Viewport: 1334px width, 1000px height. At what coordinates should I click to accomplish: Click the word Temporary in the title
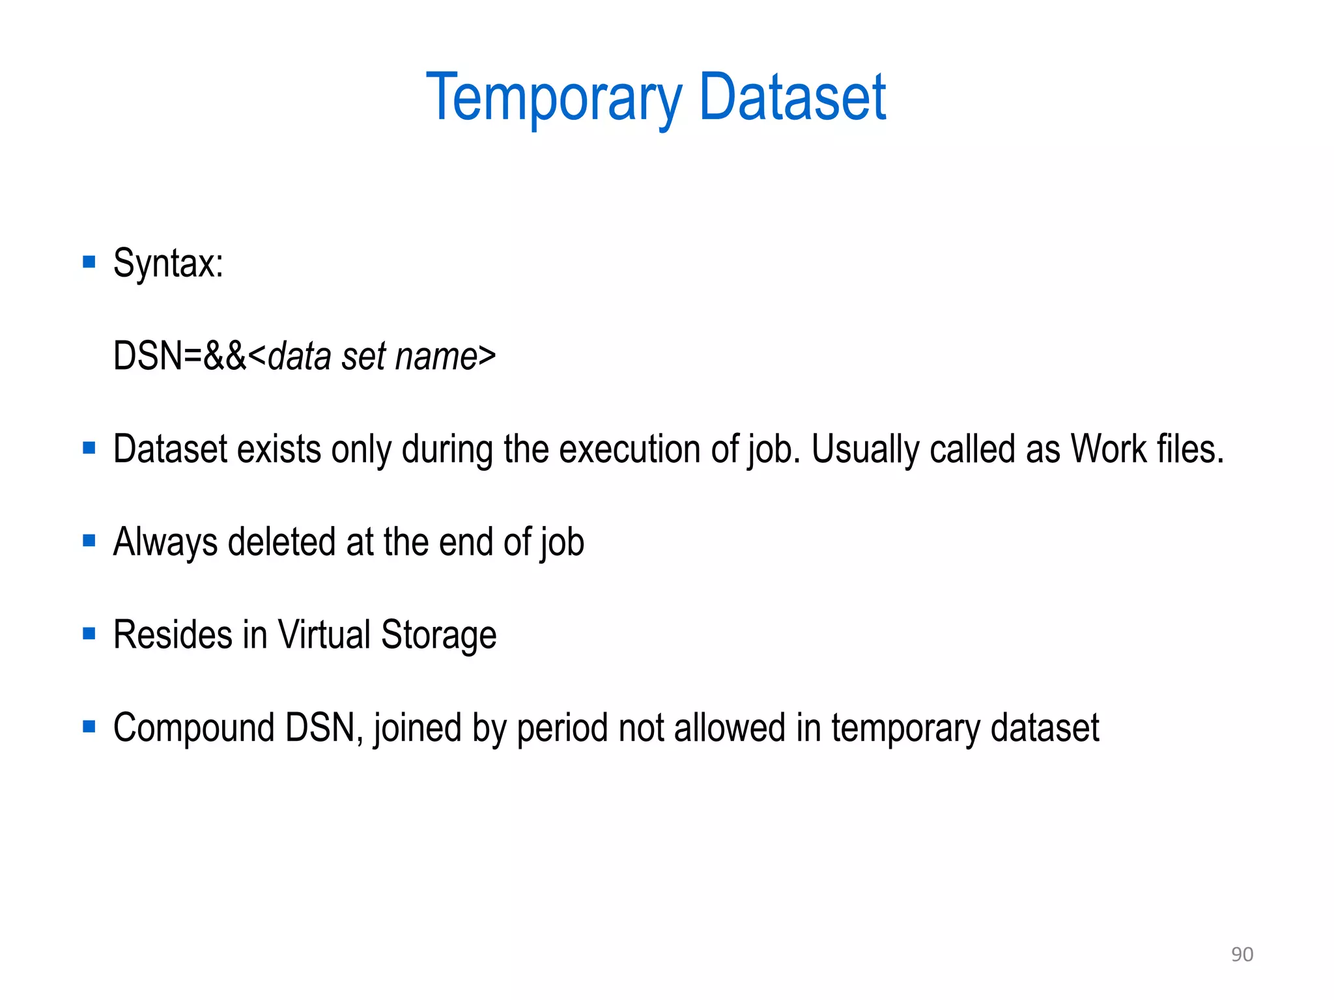pos(554,98)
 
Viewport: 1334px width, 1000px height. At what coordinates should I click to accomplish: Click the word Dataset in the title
pos(792,98)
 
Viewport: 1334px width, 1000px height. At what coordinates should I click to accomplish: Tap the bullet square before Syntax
pos(89,262)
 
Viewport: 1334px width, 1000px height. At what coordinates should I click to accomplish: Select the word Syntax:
pos(168,264)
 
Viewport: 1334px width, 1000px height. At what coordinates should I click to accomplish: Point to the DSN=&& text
pos(180,356)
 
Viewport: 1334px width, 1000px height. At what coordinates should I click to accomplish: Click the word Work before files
pos(1109,449)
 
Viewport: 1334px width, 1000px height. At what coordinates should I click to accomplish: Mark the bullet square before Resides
pos(89,633)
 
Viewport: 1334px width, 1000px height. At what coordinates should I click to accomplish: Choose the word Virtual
pos(324,635)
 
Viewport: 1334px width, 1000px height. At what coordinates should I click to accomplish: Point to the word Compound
pos(193,728)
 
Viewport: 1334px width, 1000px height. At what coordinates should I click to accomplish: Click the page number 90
pos(1242,954)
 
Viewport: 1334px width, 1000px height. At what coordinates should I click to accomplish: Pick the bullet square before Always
pos(89,540)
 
